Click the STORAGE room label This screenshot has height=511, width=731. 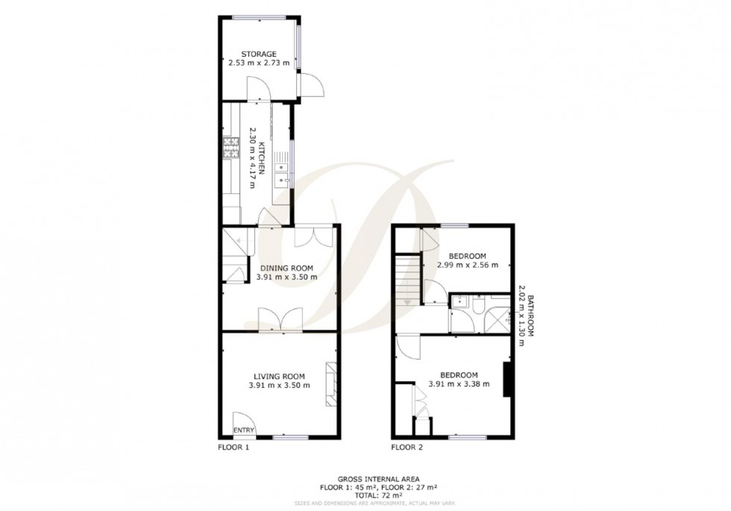(259, 54)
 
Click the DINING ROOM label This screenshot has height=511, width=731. (286, 267)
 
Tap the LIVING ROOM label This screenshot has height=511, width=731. (280, 376)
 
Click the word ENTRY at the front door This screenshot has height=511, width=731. (243, 430)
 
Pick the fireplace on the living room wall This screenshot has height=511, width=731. (330, 383)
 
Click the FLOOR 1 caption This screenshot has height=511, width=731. (233, 448)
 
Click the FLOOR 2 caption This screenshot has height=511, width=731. (407, 448)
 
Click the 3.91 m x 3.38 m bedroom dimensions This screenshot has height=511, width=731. (459, 384)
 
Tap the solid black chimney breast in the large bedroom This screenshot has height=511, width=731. (507, 380)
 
